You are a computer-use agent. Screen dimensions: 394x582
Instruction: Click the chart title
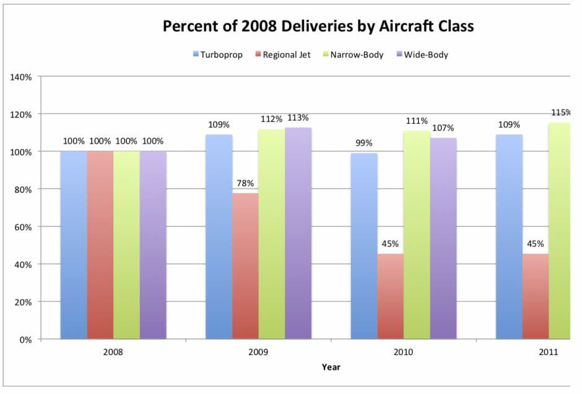pyautogui.click(x=318, y=27)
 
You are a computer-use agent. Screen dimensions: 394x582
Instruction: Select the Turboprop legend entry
pyautogui.click(x=219, y=55)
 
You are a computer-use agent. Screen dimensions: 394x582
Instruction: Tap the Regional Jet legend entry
pyautogui.click(x=284, y=55)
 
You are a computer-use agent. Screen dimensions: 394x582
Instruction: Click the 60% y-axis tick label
pyautogui.click(x=24, y=227)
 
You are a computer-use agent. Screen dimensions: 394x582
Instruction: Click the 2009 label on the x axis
pyautogui.click(x=258, y=352)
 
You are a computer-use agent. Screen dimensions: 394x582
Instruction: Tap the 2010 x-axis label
pyautogui.click(x=403, y=352)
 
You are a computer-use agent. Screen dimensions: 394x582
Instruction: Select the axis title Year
pyautogui.click(x=331, y=367)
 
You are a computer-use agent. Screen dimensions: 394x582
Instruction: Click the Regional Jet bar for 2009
pyautogui.click(x=245, y=266)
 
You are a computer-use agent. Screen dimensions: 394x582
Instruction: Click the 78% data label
pyautogui.click(x=245, y=183)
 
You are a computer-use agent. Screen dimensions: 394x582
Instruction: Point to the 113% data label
pyautogui.click(x=298, y=118)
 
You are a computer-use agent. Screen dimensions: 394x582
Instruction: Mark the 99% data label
pyautogui.click(x=364, y=143)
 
